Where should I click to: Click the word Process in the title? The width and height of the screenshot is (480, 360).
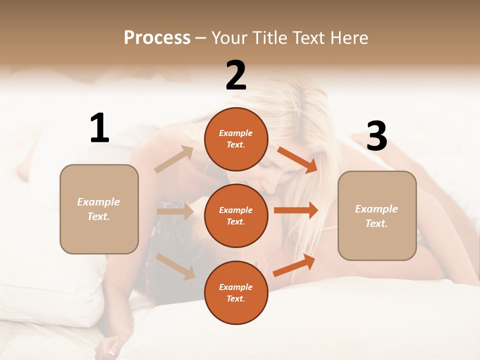pyautogui.click(x=157, y=38)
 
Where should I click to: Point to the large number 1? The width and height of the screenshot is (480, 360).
pyautogui.click(x=99, y=128)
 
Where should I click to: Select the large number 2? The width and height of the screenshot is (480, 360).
pyautogui.click(x=236, y=75)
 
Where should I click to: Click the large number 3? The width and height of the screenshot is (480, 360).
pyautogui.click(x=376, y=136)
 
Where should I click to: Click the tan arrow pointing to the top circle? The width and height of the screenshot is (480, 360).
pyautogui.click(x=174, y=159)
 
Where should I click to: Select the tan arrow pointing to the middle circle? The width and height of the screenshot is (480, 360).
pyautogui.click(x=175, y=211)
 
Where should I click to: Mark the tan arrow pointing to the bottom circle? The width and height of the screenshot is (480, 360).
pyautogui.click(x=175, y=266)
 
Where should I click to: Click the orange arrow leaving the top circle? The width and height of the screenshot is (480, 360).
pyautogui.click(x=297, y=159)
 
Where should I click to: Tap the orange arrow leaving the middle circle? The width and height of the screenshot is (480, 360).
pyautogui.click(x=296, y=210)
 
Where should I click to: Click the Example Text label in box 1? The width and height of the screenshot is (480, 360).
pyautogui.click(x=98, y=209)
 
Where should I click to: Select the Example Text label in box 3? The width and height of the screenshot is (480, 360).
pyautogui.click(x=376, y=216)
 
